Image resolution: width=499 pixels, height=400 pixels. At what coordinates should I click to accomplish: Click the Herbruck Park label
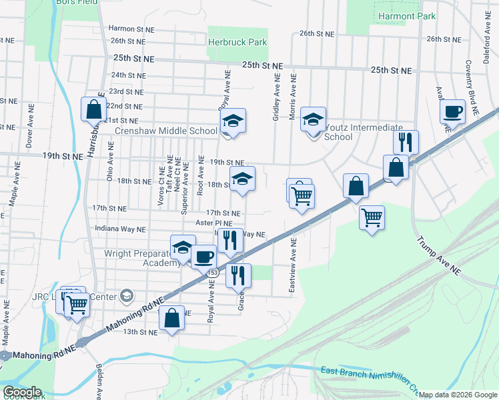tap(237, 42)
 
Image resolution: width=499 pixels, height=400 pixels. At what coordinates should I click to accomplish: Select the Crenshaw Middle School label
tap(166, 131)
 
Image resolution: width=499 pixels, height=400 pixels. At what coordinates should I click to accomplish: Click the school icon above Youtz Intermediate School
tap(313, 120)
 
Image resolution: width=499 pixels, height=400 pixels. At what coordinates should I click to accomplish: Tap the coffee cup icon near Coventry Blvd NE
tap(452, 112)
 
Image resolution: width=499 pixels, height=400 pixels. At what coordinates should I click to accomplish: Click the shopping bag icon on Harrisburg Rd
tap(93, 109)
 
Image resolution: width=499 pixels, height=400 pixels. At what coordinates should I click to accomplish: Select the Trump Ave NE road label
tap(438, 256)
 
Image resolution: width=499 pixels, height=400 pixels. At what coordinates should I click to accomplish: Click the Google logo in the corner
tap(22, 391)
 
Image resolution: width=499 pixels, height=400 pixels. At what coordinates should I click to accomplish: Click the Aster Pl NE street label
tap(213, 223)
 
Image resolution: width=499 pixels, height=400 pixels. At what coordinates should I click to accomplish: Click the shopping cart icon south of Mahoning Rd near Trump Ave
tap(372, 216)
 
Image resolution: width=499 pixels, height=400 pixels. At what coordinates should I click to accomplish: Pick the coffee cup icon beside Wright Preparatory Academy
tap(204, 256)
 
